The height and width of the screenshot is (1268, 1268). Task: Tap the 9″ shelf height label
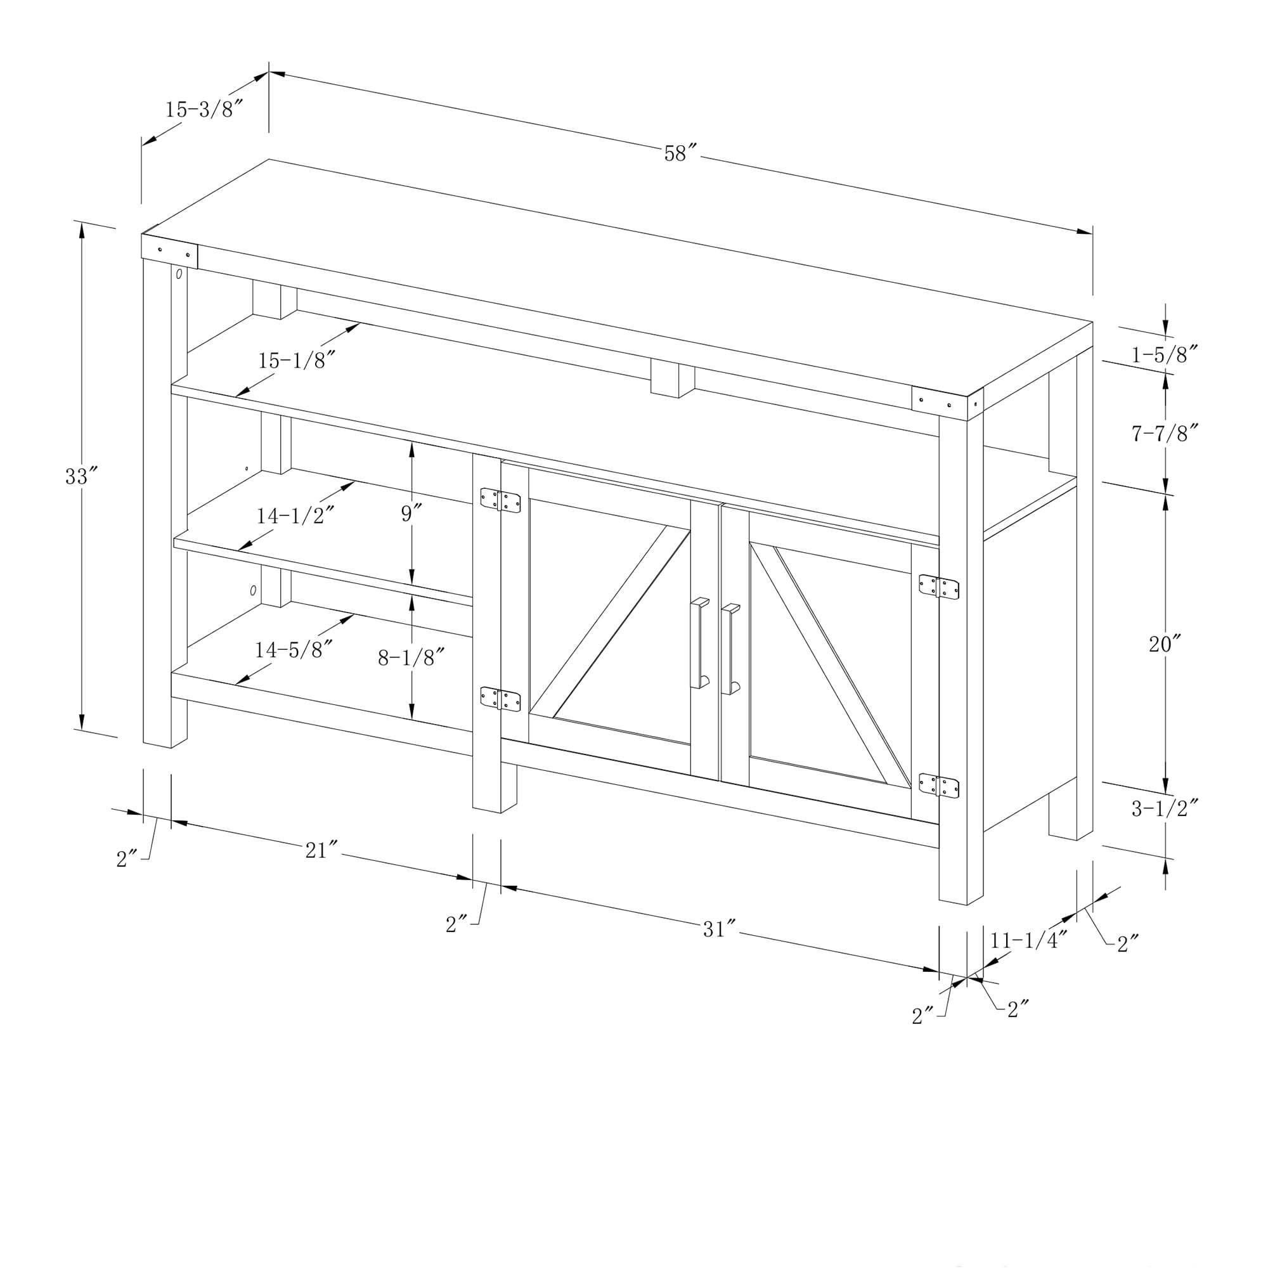coord(411,514)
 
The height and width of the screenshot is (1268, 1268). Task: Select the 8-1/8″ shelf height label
coord(411,657)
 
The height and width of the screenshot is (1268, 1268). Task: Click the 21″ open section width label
coord(321,851)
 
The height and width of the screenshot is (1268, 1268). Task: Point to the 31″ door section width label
coord(720,929)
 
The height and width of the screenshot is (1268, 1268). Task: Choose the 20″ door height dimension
coord(1165,645)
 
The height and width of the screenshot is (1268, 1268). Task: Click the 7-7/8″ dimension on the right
coord(1165,434)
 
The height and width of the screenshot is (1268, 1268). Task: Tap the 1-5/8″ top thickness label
coord(1165,355)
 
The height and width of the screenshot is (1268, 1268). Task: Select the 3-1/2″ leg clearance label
coord(1165,808)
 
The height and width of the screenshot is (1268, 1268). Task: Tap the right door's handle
coord(730,649)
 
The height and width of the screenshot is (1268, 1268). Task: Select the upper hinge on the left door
coord(500,500)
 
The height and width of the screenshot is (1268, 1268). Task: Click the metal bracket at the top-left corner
coord(169,250)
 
